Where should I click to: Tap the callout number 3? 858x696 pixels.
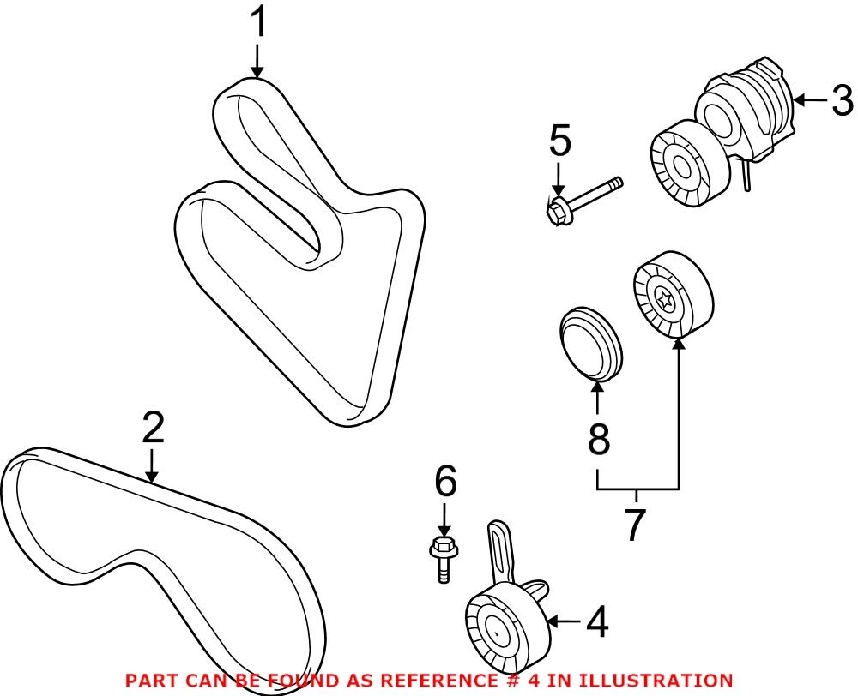point(841,101)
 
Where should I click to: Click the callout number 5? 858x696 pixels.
point(559,141)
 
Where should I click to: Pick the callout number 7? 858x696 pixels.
point(634,525)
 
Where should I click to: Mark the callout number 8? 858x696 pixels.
point(598,439)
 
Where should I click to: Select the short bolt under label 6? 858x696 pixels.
point(443,557)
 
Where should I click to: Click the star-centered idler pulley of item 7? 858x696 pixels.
point(672,296)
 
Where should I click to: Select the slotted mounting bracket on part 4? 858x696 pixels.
point(499,553)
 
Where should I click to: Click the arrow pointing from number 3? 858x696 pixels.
point(807,101)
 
